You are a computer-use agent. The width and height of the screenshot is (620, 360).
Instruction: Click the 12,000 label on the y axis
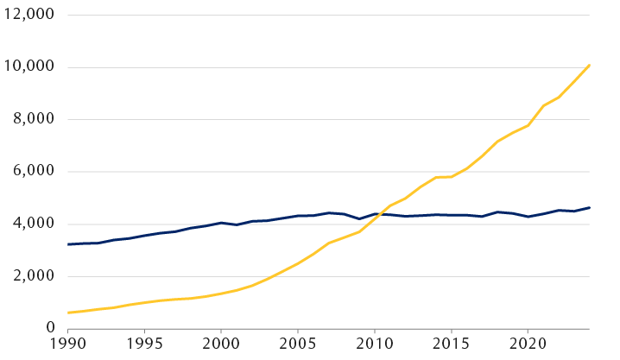pos(30,15)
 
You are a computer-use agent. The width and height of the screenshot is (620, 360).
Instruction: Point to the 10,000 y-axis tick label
pos(30,67)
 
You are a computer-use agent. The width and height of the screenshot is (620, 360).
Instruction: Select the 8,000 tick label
pos(34,120)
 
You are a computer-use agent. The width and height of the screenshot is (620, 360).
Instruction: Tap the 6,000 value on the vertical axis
pos(34,172)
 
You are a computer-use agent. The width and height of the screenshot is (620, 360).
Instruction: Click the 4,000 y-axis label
pos(34,224)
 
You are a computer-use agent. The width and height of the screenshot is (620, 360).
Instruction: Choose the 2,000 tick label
pos(34,277)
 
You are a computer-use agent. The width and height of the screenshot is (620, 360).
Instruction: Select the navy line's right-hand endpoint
pos(590,207)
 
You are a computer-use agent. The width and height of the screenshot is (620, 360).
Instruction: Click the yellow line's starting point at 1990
pos(67,313)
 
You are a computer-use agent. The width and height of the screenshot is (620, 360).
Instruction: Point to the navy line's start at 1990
pos(67,244)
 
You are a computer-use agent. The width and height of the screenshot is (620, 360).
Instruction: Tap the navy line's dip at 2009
pos(359,218)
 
